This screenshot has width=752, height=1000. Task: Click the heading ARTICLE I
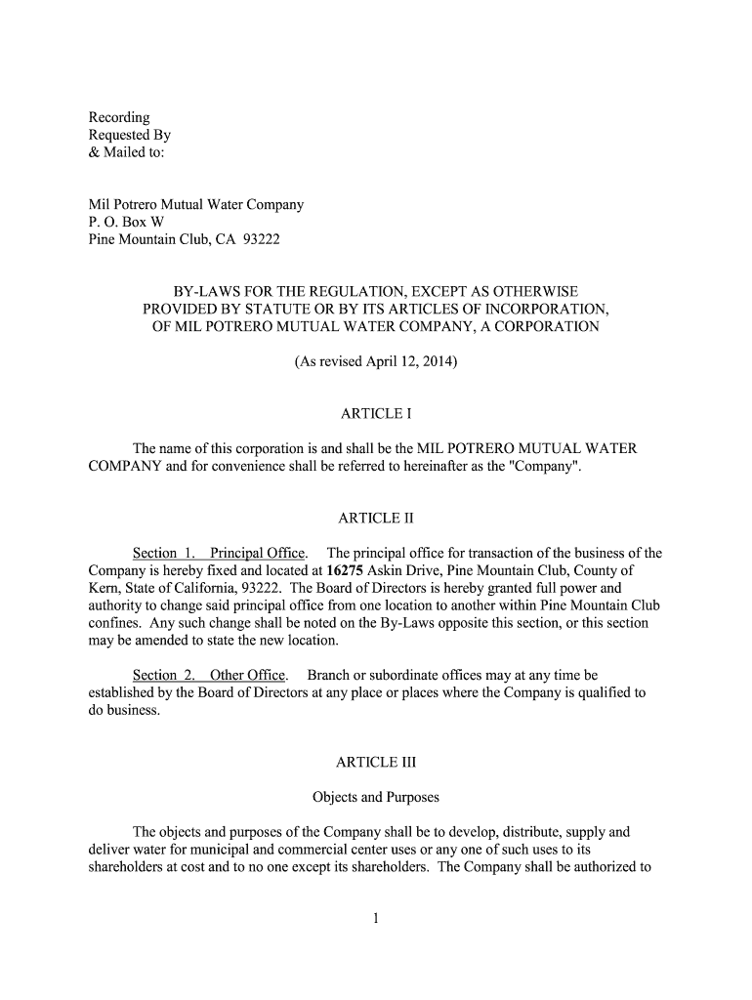[x=375, y=413]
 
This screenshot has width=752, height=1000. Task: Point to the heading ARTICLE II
[x=375, y=518]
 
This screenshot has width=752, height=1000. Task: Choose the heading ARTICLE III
[x=375, y=762]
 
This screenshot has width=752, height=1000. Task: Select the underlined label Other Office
[x=248, y=675]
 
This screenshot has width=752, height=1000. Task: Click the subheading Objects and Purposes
[x=375, y=797]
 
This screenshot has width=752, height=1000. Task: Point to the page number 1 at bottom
[x=376, y=919]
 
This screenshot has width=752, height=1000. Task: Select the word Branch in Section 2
[x=329, y=675]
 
